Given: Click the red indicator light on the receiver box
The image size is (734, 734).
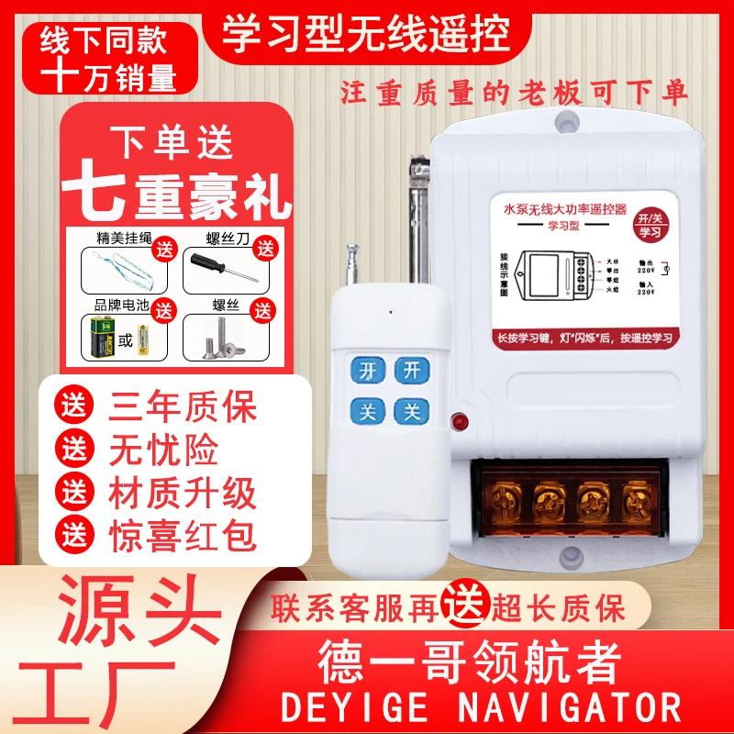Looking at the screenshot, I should tap(456, 423).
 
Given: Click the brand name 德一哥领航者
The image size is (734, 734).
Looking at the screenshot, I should tap(468, 659).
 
